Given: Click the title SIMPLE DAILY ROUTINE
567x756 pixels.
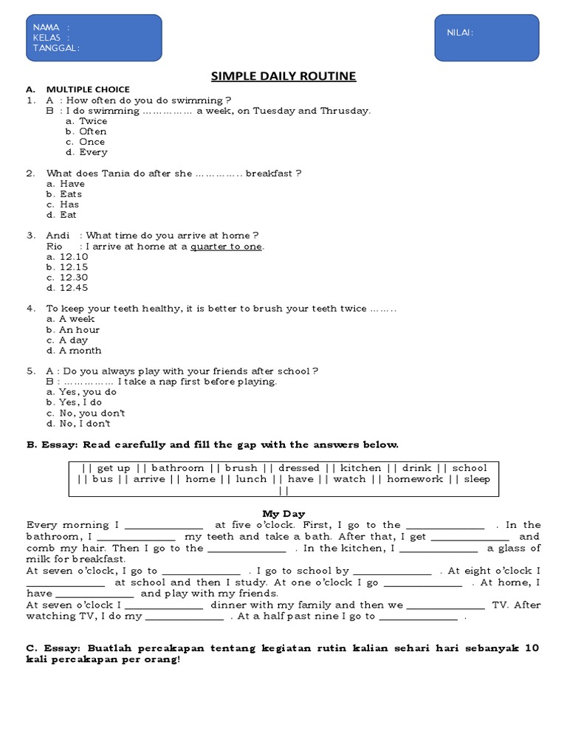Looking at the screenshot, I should (x=283, y=76).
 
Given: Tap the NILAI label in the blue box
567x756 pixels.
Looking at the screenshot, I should (x=459, y=32).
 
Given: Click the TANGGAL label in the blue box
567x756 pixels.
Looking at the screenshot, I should (x=56, y=48).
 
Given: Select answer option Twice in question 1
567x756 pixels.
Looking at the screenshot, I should (x=93, y=121).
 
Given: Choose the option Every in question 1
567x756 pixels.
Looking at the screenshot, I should (x=93, y=152).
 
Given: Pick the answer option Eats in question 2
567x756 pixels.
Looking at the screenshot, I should (x=71, y=194).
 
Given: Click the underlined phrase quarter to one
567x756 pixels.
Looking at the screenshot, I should (x=226, y=247).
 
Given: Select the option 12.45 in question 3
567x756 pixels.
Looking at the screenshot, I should (x=73, y=288).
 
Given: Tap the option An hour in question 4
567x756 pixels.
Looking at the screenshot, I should (x=79, y=330).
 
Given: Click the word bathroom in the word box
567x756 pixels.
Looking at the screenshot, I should (x=177, y=468).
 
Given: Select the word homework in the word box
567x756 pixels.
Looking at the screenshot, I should (x=415, y=479).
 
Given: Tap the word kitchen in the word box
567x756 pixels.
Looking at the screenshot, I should (x=360, y=468).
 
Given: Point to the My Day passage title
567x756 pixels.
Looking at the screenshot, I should (x=283, y=514).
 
